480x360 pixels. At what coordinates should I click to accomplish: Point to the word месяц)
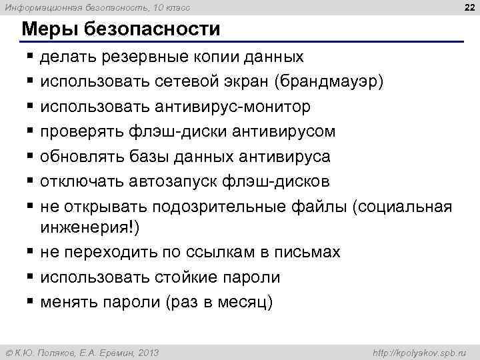(246, 302)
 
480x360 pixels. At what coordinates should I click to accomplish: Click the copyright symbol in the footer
(8, 352)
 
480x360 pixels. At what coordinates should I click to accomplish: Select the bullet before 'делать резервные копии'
(31, 58)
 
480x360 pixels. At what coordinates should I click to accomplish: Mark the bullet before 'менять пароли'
(31, 302)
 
